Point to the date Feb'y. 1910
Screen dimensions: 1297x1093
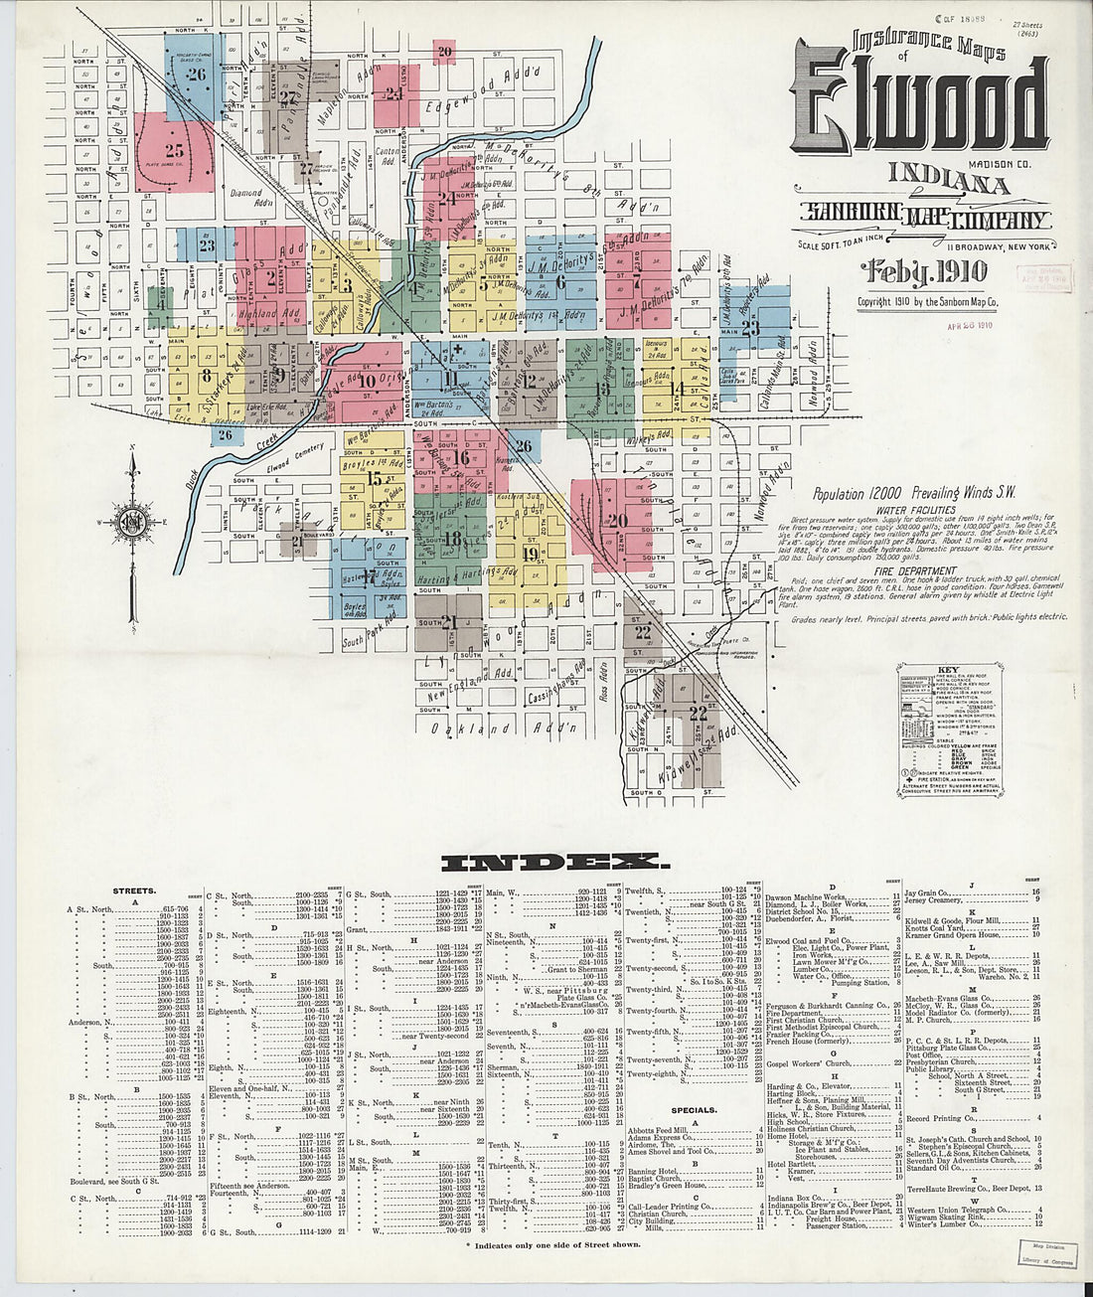[x=923, y=272]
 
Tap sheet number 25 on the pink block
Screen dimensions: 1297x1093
[x=176, y=152]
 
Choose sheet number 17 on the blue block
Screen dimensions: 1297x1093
[x=370, y=575]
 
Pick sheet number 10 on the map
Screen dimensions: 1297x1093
[x=367, y=380]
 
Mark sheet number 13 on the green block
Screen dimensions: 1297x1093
[x=602, y=389]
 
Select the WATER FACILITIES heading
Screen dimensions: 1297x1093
[x=909, y=510]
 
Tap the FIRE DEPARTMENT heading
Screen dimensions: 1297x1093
[x=909, y=571]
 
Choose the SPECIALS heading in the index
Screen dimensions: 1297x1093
[x=694, y=1110]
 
